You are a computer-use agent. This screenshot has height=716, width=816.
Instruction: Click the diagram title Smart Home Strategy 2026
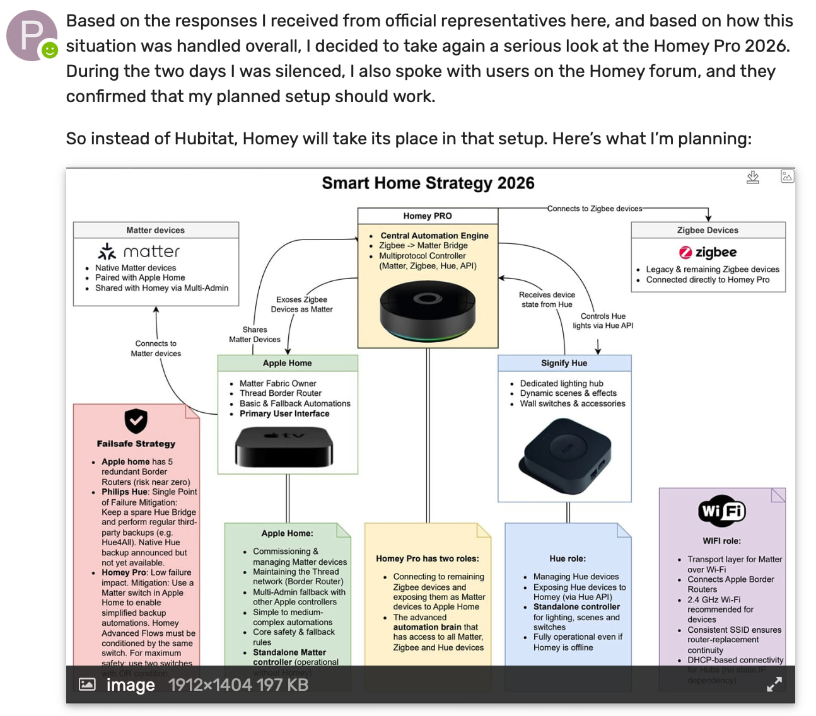[x=428, y=183]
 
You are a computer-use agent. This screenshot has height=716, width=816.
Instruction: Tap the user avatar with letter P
[x=32, y=35]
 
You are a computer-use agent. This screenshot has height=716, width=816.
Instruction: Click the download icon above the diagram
[x=753, y=177]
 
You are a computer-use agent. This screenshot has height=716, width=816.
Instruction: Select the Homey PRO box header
[x=428, y=216]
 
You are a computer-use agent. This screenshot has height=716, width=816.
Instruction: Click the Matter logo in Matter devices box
[x=139, y=251]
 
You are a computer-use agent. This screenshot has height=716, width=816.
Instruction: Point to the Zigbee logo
[x=708, y=252]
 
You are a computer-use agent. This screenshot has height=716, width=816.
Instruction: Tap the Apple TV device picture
[x=284, y=446]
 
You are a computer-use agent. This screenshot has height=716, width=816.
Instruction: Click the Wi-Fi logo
[x=722, y=511]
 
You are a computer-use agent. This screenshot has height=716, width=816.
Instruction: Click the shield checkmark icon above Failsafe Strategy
[x=136, y=421]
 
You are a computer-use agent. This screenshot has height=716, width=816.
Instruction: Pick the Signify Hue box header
[x=564, y=363]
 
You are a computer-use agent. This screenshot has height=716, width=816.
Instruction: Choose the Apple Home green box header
[x=287, y=363]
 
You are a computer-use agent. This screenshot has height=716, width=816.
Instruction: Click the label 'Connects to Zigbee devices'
[x=595, y=209]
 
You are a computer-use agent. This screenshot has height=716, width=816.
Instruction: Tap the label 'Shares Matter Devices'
[x=255, y=335]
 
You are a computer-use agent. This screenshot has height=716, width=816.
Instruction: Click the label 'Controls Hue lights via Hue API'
[x=603, y=321]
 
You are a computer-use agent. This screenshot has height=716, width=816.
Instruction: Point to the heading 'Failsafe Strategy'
[x=136, y=444]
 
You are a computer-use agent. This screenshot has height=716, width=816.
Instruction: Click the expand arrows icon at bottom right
[x=774, y=684]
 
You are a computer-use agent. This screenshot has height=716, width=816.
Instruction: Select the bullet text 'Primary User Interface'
[x=284, y=413]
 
